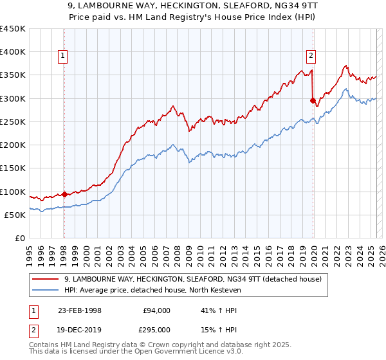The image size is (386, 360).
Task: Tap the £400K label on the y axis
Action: [x=13, y=52]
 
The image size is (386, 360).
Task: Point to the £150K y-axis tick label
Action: [x=13, y=168]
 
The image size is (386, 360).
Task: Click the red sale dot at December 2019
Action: [x=313, y=101]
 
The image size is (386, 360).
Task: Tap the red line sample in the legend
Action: [x=46, y=278]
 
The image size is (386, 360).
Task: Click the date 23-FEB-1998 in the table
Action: [x=80, y=310]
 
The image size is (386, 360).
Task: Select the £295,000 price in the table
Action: [x=157, y=329]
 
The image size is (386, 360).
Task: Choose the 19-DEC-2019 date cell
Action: [x=80, y=329]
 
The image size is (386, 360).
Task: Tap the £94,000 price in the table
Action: [x=157, y=310]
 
